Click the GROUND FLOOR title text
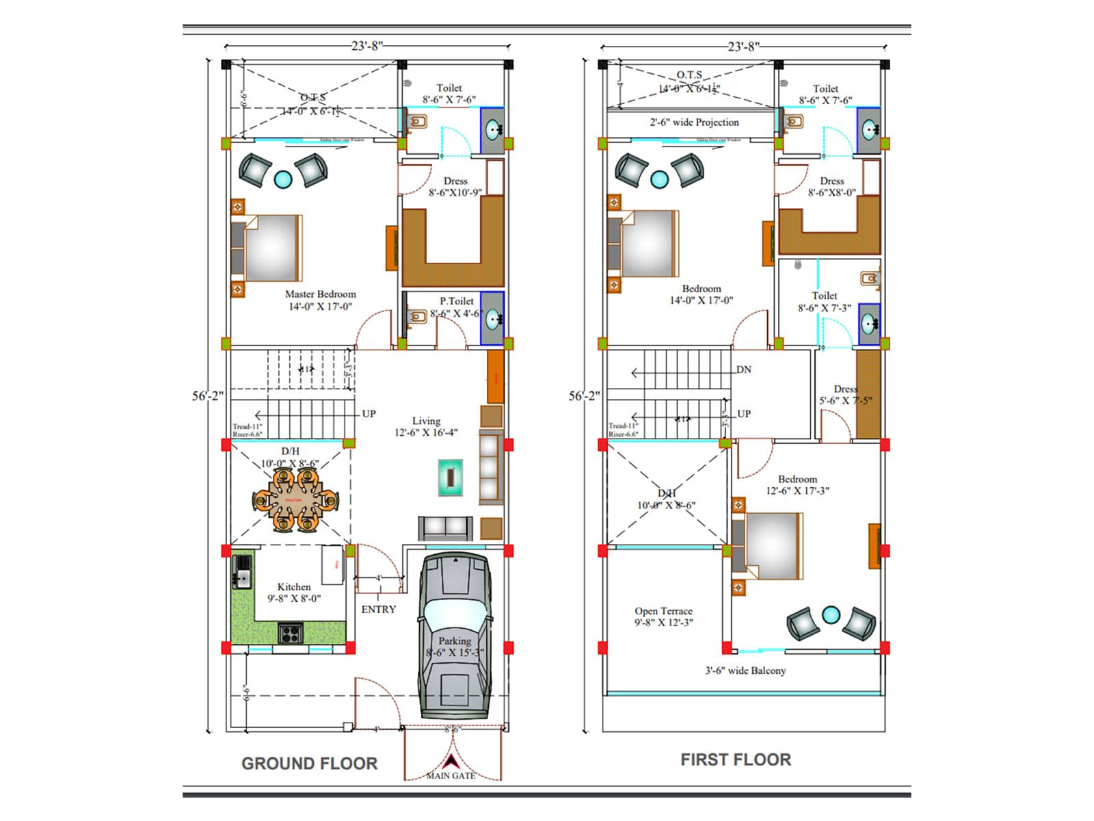[x=309, y=764]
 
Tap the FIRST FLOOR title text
[x=736, y=759]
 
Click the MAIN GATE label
[x=451, y=776]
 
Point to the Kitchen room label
[x=294, y=587]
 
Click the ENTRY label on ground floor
[x=378, y=610]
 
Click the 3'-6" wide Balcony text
[x=745, y=671]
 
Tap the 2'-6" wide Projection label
[x=694, y=122]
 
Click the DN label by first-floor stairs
[x=744, y=369]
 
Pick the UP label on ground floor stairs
[x=369, y=414]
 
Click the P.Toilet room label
[x=457, y=301]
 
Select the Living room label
[x=426, y=421]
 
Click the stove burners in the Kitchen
[x=289, y=633]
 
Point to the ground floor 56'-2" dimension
[x=207, y=396]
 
